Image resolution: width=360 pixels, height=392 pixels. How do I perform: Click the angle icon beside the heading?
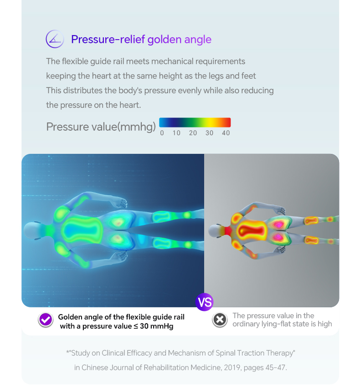55,39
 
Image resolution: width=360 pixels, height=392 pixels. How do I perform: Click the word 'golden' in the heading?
165,40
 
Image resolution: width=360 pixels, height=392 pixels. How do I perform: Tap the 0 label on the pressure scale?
162,133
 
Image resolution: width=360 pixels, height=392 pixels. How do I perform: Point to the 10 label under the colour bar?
176,133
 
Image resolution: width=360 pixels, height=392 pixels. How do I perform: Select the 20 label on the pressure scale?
193,133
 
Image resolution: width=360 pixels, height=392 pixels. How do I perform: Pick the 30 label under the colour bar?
210,133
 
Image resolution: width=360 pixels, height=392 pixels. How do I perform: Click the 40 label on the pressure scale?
226,133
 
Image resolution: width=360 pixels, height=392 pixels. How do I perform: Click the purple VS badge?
205,302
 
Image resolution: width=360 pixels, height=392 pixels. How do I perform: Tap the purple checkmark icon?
46,320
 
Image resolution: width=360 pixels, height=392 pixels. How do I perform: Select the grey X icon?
220,320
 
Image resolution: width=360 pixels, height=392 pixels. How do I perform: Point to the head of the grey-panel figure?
215,231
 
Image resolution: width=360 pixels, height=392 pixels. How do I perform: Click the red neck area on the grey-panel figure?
228,231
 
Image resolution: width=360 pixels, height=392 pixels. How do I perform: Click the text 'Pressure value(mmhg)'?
101,127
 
